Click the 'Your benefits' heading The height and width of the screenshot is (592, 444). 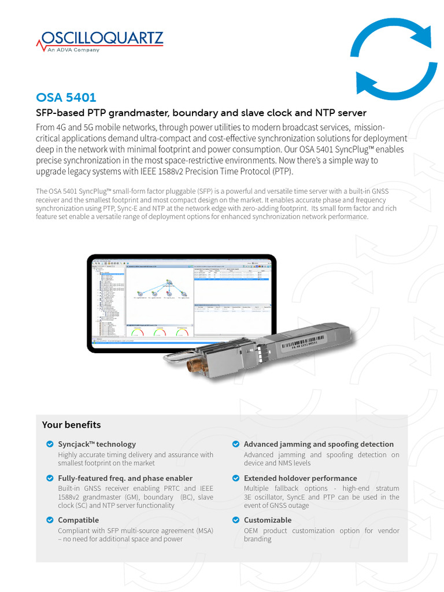tap(71, 425)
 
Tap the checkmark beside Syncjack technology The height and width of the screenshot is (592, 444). tap(50, 444)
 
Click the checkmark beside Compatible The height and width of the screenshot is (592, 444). tap(50, 520)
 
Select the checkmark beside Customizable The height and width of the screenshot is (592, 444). tap(236, 520)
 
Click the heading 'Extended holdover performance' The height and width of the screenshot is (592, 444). tap(300, 478)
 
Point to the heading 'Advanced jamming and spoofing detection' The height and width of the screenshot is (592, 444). tap(319, 444)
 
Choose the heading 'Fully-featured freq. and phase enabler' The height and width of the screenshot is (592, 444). tap(125, 478)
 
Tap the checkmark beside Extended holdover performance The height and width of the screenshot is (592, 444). tap(236, 478)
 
